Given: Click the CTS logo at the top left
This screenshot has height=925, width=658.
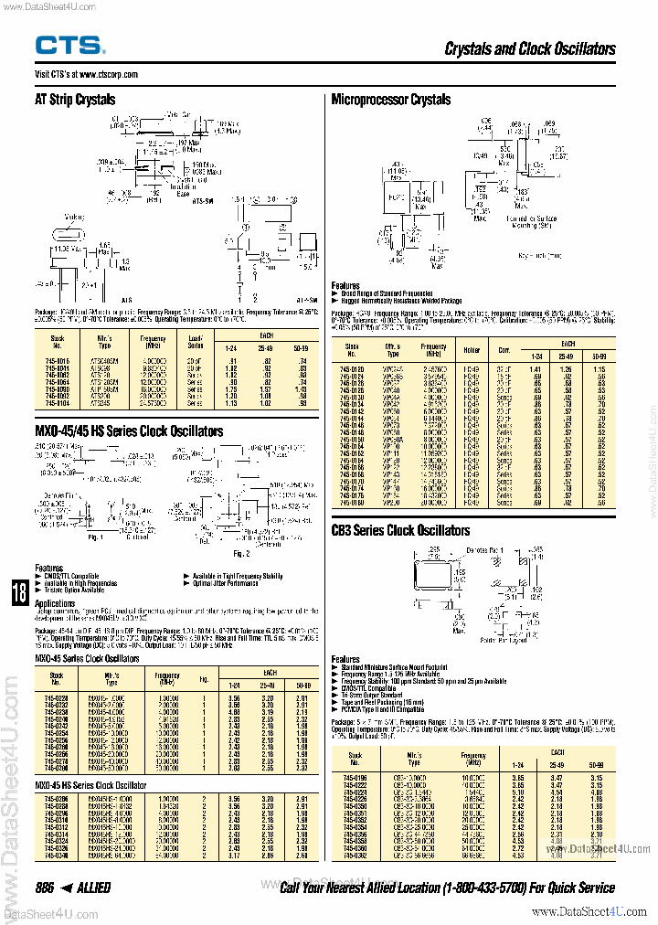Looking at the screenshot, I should point(70,46).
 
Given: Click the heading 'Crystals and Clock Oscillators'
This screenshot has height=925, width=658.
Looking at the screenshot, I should point(530,49).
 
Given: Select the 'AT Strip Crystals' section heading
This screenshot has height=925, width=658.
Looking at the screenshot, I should point(75,100).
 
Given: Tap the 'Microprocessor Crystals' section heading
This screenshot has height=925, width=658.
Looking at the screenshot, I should point(391,100).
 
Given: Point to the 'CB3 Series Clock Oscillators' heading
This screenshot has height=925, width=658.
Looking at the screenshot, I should point(400,530).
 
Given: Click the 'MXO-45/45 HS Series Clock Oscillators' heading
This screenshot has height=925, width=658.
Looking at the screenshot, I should point(129,431).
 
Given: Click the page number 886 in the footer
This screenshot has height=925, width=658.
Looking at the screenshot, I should point(45,888).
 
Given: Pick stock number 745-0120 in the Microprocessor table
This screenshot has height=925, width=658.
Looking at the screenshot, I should point(352,368).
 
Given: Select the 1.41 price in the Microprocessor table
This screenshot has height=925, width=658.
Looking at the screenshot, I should point(536,368).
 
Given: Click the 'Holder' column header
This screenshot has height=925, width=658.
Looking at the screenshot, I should point(472,348).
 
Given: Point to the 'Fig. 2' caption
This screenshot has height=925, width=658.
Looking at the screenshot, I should point(241,553).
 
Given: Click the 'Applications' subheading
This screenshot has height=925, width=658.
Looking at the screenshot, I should point(55,603).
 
